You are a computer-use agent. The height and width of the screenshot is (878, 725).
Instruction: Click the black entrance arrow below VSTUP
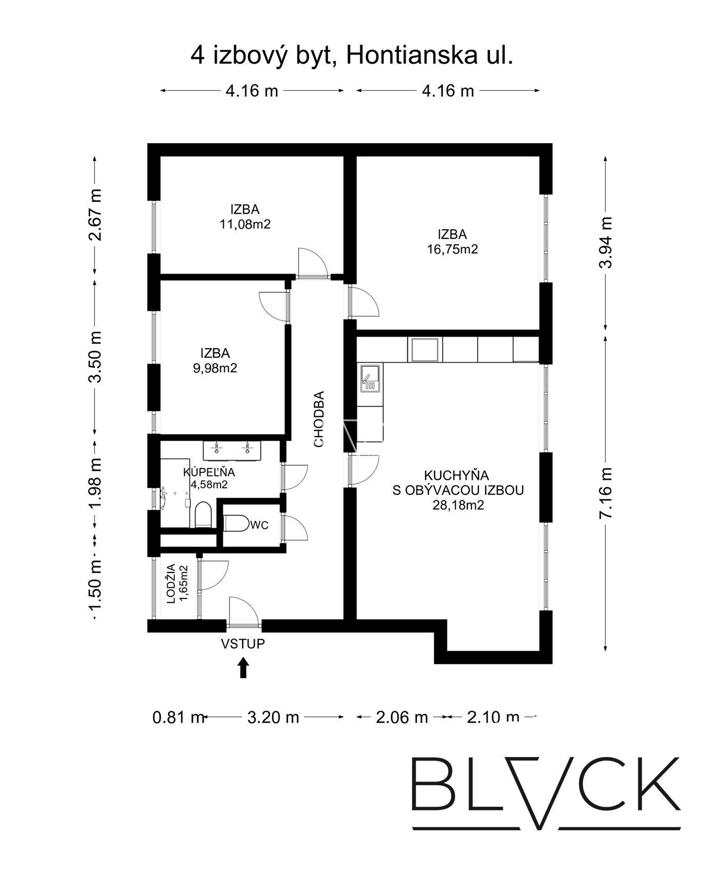(243, 668)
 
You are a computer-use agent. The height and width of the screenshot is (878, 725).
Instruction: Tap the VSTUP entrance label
(243, 644)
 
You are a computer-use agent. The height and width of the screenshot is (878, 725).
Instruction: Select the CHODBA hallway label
(319, 419)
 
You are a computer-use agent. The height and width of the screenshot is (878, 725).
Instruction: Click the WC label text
(259, 526)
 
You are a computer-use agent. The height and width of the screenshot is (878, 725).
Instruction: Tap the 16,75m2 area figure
(453, 249)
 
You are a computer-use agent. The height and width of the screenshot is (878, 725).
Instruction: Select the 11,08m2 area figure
(245, 224)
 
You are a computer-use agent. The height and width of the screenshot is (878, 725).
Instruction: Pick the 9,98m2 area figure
(215, 368)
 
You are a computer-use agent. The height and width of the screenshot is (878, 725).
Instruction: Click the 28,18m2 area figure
(458, 505)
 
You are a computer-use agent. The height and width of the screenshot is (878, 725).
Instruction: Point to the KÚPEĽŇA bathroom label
(209, 472)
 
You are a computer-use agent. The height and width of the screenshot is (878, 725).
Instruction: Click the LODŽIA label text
(171, 583)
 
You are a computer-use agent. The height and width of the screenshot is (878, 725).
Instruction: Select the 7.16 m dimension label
(606, 493)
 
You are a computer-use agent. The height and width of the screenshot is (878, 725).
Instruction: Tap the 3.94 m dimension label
(606, 242)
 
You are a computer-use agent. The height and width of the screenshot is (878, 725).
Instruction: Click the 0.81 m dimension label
(179, 717)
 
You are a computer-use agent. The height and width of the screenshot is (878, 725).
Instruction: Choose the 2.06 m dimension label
(402, 717)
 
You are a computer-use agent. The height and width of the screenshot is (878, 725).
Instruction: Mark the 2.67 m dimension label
(95, 215)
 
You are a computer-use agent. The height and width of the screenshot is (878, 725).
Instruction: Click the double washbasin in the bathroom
(232, 450)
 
